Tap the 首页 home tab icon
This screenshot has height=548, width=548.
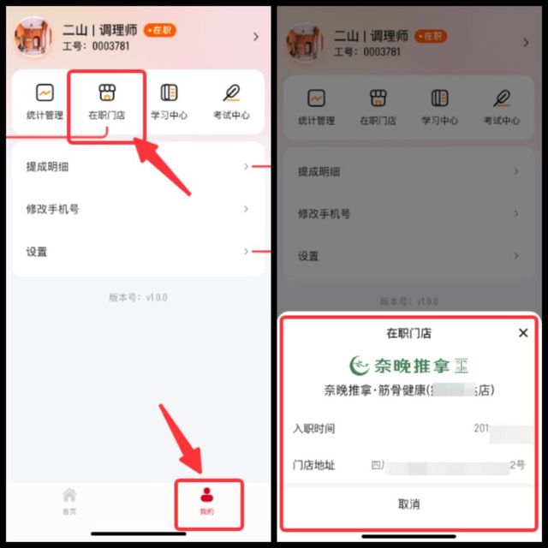tap(69, 501)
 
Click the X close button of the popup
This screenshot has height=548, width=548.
tap(523, 333)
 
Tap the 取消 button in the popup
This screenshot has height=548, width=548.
tap(409, 504)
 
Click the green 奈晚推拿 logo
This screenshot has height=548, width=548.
tap(408, 366)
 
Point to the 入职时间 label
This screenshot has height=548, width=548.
tap(313, 428)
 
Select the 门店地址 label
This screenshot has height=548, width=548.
tap(313, 465)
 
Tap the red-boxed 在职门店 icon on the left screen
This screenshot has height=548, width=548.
tap(106, 101)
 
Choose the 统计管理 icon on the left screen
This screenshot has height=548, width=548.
tap(44, 101)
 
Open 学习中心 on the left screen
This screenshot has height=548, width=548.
tap(170, 101)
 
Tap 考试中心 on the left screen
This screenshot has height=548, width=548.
tap(230, 101)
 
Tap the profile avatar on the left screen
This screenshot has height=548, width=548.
tap(33, 37)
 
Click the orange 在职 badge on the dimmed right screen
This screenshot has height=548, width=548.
tap(430, 36)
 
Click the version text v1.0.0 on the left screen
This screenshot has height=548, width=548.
tap(136, 298)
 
